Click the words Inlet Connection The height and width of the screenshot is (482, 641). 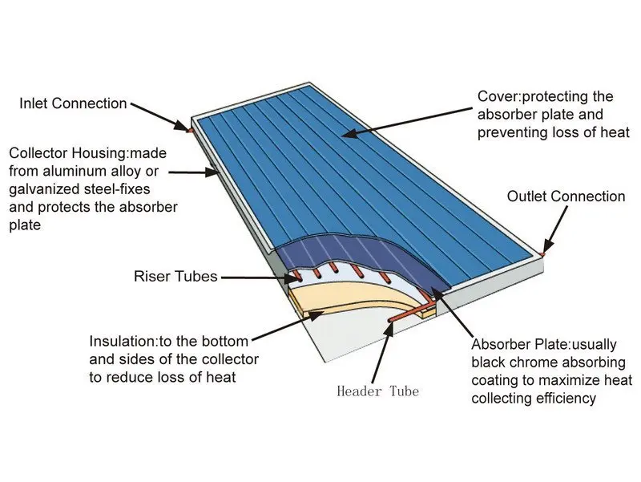coord(73,103)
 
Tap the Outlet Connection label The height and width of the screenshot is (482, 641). coord(566,196)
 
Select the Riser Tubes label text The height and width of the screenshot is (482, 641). coord(175,277)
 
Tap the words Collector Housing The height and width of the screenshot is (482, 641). coord(60,152)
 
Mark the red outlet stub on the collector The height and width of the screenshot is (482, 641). coord(542,254)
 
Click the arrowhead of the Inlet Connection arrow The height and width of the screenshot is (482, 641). coord(186,127)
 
